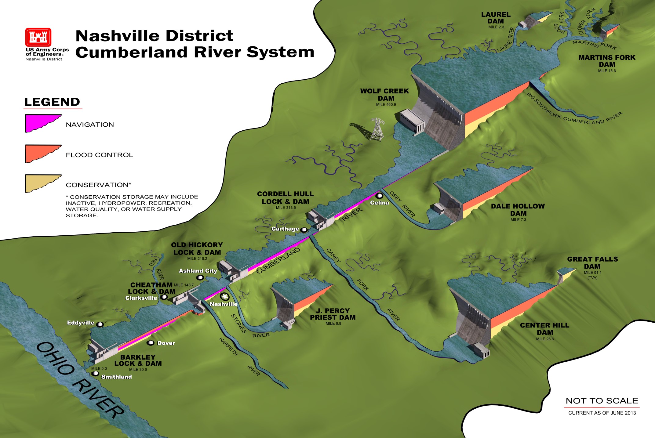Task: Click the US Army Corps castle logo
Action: [38, 37]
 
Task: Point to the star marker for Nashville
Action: [225, 296]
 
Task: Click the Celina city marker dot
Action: [379, 196]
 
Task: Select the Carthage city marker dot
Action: [304, 230]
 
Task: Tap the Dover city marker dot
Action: [151, 343]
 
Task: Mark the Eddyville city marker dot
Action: [100, 324]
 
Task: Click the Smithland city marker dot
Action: [96, 374]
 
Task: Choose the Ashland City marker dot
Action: [200, 277]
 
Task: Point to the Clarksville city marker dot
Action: [164, 297]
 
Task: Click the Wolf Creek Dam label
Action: [385, 95]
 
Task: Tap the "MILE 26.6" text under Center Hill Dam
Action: [545, 339]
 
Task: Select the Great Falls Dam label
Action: [592, 262]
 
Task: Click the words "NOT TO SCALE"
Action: [602, 401]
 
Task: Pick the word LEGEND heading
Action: [52, 102]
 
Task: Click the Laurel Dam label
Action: [496, 18]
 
